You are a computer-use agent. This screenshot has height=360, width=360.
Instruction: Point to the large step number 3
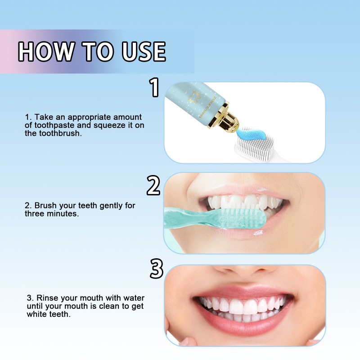click(156, 269)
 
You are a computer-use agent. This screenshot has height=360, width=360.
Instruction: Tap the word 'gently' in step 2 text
click(108, 206)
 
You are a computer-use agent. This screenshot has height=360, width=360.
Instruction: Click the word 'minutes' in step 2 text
click(65, 214)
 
